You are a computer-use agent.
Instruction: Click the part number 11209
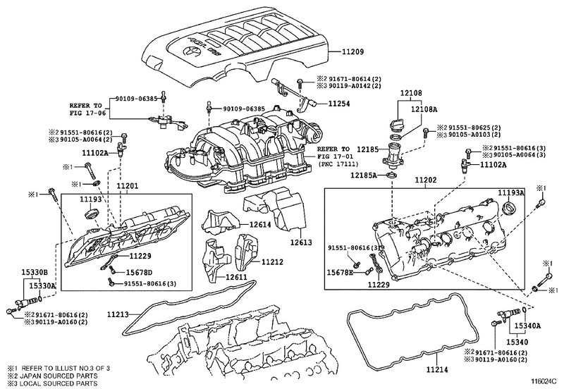tap(352, 51)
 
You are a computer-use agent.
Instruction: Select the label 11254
tap(339, 104)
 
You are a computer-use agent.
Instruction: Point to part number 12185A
tap(364, 175)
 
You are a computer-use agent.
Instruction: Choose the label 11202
tap(425, 180)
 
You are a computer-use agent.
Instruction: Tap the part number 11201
tap(127, 186)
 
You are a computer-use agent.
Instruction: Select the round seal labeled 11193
tap(92, 213)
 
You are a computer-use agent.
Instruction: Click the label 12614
tap(260, 224)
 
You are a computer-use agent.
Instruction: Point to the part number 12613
tap(302, 242)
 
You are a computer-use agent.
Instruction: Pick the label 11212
tap(272, 262)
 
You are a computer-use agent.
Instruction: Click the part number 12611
tap(237, 278)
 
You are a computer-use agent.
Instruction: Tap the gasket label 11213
tap(118, 315)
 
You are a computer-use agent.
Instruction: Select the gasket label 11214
tap(437, 369)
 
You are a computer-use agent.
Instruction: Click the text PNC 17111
tap(339, 164)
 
